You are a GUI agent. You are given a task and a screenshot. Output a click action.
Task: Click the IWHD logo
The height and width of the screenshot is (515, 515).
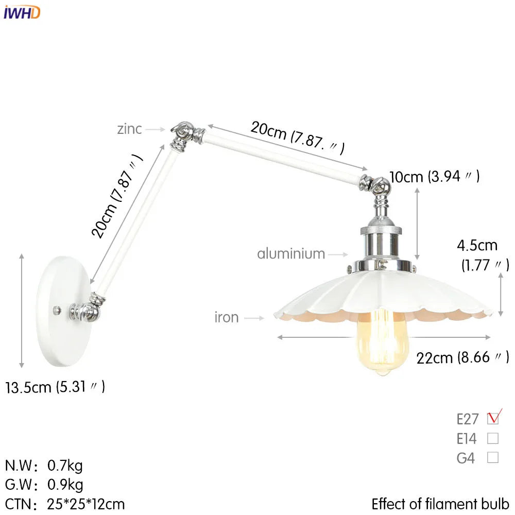pyautogui.click(x=22, y=12)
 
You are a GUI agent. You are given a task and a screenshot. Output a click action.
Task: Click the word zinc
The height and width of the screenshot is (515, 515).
pyautogui.click(x=129, y=128)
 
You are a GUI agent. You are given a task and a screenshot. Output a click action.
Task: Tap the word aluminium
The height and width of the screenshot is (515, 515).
pyautogui.click(x=291, y=253)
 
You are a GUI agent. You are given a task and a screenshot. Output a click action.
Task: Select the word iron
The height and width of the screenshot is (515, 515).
pyautogui.click(x=227, y=317)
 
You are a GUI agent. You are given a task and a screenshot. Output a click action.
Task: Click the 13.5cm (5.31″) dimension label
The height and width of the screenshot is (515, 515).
pyautogui.click(x=55, y=386)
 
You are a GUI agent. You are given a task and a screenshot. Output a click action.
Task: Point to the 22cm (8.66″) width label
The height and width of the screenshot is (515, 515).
pyautogui.click(x=462, y=357)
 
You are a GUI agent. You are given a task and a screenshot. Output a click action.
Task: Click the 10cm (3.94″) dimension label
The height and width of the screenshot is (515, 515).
pyautogui.click(x=435, y=177)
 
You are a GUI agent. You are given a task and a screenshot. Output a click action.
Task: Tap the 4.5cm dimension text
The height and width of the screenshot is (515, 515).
pyautogui.click(x=477, y=245)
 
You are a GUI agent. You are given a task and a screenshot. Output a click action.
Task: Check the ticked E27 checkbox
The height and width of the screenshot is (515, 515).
pyautogui.click(x=493, y=418)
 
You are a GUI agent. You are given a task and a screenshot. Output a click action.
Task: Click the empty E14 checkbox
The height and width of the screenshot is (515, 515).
pyautogui.click(x=493, y=439)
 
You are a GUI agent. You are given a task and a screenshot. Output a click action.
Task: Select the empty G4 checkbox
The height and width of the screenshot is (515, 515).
pyautogui.click(x=493, y=457)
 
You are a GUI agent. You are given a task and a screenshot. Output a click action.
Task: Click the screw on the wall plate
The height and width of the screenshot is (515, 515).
pyautogui.click(x=58, y=310)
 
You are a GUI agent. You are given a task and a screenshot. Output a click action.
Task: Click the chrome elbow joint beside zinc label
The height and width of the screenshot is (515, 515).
pyautogui.click(x=183, y=132)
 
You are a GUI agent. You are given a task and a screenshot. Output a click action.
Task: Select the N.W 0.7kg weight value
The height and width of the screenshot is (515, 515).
pyautogui.click(x=65, y=466)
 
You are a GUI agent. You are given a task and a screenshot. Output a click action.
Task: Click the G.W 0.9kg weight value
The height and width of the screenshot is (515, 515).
pyautogui.click(x=65, y=485)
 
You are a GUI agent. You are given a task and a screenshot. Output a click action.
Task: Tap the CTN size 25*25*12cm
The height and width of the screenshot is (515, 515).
pyautogui.click(x=86, y=504)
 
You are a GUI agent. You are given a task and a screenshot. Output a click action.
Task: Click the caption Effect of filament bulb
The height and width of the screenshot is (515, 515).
pyautogui.click(x=440, y=503)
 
